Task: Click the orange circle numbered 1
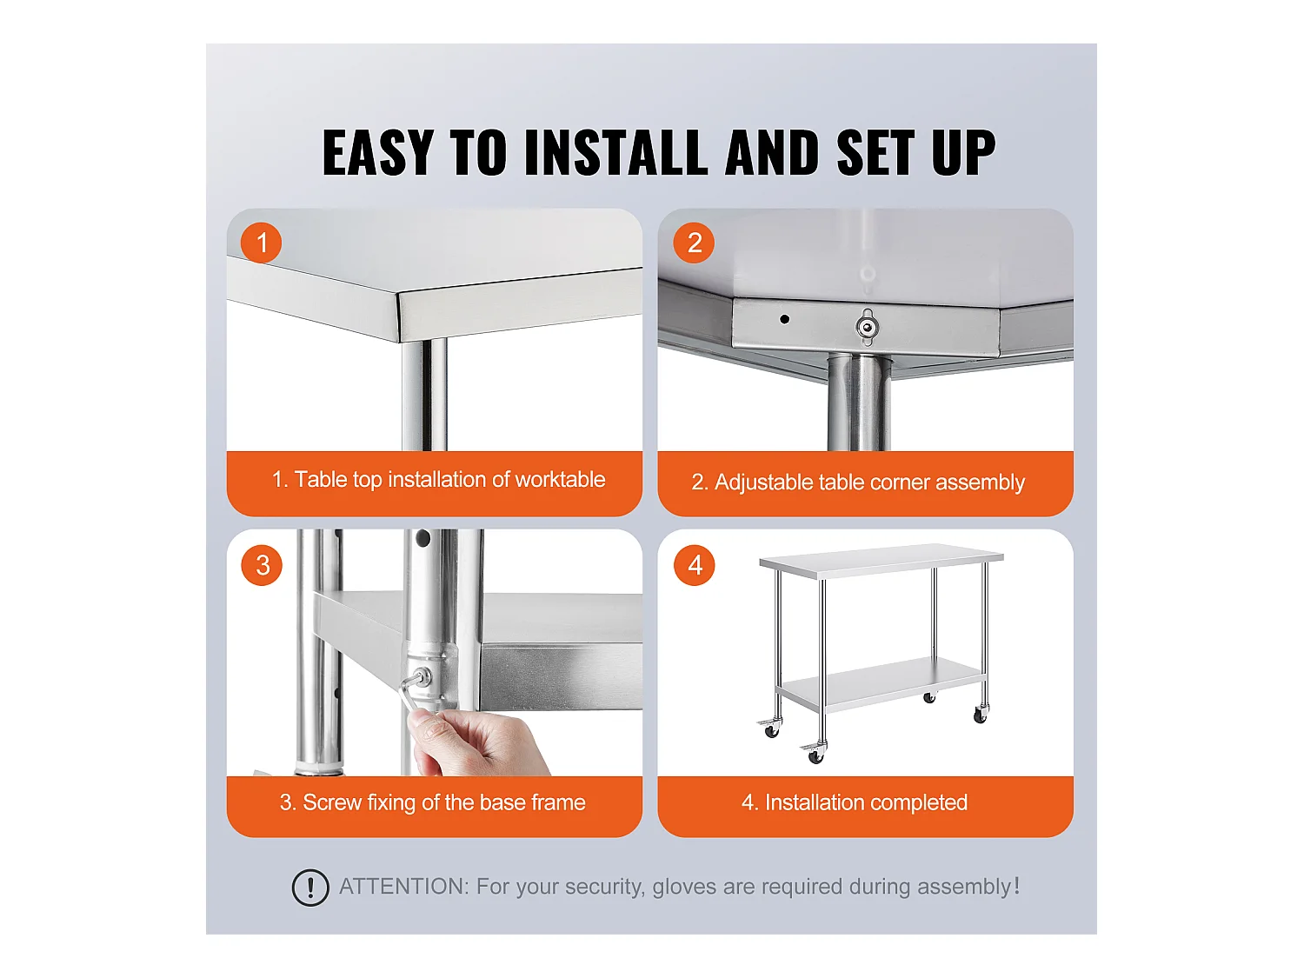click(x=261, y=243)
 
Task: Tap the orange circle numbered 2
click(x=693, y=243)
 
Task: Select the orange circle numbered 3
click(x=262, y=565)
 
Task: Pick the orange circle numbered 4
click(x=695, y=565)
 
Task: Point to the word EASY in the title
click(x=378, y=153)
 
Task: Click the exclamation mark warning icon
click(x=310, y=888)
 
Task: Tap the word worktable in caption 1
click(x=560, y=479)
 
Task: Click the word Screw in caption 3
click(x=332, y=802)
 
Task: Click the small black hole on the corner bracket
click(x=784, y=319)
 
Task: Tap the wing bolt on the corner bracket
click(x=867, y=327)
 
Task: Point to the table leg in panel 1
click(x=423, y=395)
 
